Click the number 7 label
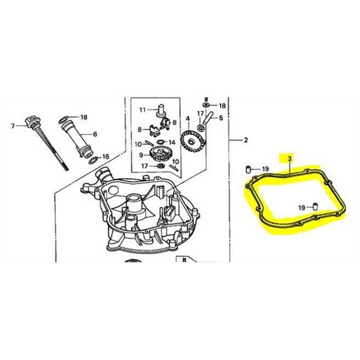tap(12, 126)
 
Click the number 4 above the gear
tap(188, 120)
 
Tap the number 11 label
tap(141, 110)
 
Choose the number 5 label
tap(221, 117)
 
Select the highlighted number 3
tap(290, 160)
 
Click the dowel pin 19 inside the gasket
tap(315, 205)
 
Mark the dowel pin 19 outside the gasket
tap(249, 168)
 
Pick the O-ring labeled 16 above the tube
tap(64, 116)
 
